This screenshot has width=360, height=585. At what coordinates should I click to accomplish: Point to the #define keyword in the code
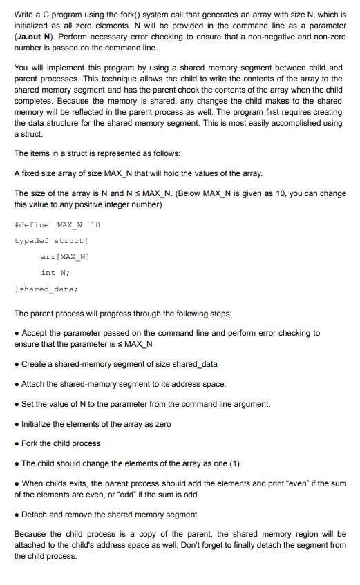[x=31, y=224]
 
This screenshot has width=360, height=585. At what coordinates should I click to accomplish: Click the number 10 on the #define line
[x=95, y=224]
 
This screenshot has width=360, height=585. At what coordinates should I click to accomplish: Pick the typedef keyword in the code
[x=31, y=240]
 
